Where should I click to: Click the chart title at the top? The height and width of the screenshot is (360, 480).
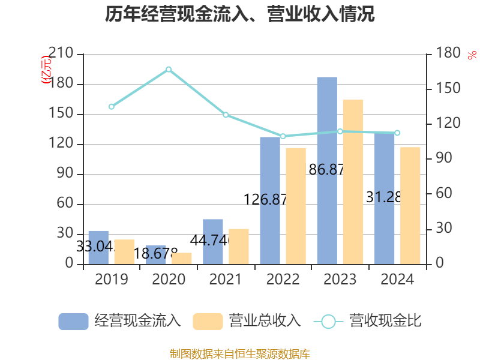tap(240, 14)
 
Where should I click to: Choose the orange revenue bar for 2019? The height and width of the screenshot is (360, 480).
tap(124, 252)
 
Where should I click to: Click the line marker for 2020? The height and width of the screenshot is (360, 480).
tap(169, 70)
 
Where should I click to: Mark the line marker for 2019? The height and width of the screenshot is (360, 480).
tap(111, 107)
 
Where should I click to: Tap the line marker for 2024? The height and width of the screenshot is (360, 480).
tap(397, 133)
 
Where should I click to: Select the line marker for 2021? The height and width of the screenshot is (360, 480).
tap(226, 115)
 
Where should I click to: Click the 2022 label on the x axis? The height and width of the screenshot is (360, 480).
tap(283, 280)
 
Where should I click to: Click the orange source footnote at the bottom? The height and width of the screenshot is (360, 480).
tap(240, 353)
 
